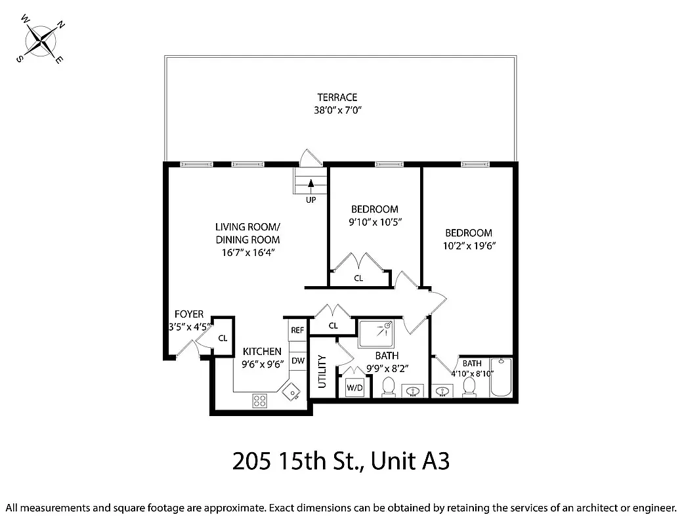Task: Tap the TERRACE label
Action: (x=337, y=98)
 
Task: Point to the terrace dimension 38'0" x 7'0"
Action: (x=337, y=110)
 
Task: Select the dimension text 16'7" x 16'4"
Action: (x=247, y=252)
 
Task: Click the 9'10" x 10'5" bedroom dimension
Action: (x=374, y=222)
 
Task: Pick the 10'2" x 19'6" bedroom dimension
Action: (x=468, y=245)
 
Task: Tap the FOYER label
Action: (x=188, y=314)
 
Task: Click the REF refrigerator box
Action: (x=297, y=330)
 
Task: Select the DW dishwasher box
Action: (x=297, y=360)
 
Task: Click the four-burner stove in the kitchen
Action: (x=259, y=400)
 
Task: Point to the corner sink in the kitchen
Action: (x=290, y=392)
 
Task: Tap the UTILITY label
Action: (x=322, y=371)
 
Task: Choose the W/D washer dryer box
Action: (x=354, y=388)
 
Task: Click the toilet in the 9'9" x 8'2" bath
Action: (x=388, y=387)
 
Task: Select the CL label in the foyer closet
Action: (x=223, y=338)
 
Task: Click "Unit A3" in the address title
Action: (x=410, y=462)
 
